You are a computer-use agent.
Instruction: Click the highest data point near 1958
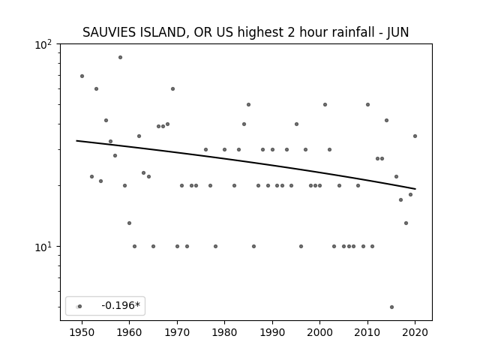tap(120, 58)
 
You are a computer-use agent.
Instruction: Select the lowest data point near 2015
tap(391, 307)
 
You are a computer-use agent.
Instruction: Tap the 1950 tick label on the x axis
tap(82, 332)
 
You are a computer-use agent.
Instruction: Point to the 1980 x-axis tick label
tap(224, 332)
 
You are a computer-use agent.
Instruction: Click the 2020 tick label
tap(415, 332)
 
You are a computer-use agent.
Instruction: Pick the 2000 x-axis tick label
tap(320, 332)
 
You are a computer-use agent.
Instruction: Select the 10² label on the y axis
tap(43, 45)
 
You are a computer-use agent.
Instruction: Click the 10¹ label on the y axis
tap(43, 247)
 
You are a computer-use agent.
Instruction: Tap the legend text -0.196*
tap(121, 305)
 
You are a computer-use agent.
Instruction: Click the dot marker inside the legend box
tap(80, 307)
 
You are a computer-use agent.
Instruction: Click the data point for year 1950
tap(82, 76)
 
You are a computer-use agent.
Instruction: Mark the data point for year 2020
tap(415, 136)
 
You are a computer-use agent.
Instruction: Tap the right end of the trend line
tap(415, 189)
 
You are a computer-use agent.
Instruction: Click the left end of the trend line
tap(76, 140)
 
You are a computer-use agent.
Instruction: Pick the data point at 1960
tap(130, 223)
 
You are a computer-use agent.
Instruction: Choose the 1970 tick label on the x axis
tap(177, 332)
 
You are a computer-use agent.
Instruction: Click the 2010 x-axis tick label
tap(367, 332)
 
